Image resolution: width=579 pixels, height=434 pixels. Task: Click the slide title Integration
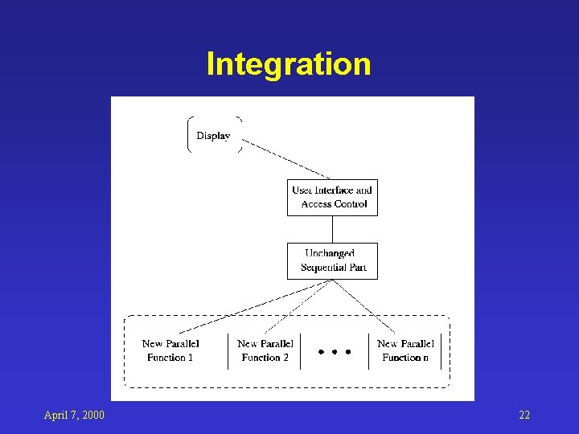(x=288, y=64)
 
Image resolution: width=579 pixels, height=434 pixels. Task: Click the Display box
(x=214, y=135)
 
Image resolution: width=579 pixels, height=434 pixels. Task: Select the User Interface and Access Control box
(x=332, y=197)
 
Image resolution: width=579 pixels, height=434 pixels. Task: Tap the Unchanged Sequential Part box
(x=332, y=260)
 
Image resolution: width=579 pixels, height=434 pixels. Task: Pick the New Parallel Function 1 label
(x=170, y=350)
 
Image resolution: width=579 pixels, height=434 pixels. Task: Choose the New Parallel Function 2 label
(x=265, y=350)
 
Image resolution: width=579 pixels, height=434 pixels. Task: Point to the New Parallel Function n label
(x=405, y=350)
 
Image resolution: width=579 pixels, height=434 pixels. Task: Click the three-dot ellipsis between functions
(x=334, y=352)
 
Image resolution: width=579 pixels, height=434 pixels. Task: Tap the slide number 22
(x=524, y=415)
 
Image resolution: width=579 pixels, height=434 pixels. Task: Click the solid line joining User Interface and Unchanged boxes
(x=332, y=229)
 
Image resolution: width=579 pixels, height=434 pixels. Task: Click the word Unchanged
(x=330, y=254)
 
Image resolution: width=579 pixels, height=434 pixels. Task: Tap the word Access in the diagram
(x=317, y=204)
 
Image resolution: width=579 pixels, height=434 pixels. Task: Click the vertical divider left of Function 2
(x=228, y=351)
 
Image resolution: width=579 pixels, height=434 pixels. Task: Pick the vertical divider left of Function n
(x=368, y=351)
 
